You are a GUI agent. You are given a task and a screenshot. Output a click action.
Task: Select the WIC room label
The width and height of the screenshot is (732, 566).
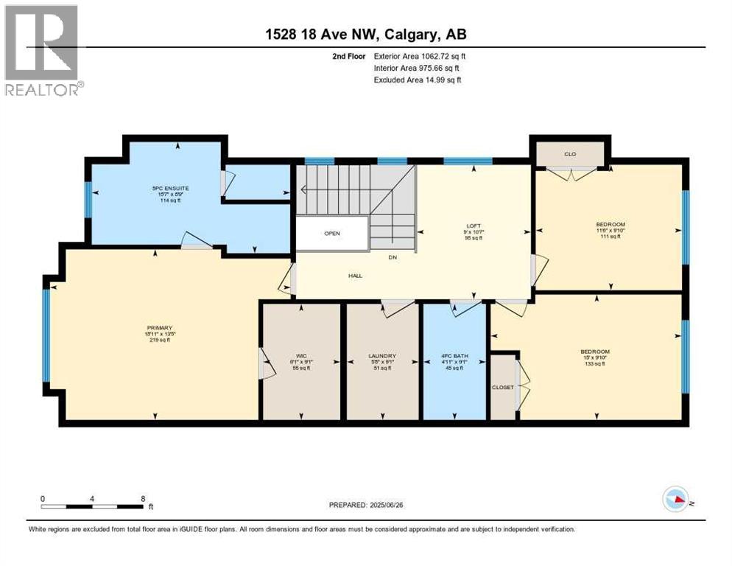pos(301,356)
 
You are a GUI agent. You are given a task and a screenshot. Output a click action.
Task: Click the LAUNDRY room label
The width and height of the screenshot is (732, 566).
pos(382,356)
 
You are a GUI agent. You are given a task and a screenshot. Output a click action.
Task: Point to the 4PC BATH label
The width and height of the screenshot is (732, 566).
pos(452,356)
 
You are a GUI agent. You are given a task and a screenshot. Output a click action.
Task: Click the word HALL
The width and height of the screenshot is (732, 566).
pos(356,276)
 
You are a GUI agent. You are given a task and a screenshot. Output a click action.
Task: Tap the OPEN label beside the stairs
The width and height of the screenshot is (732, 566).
pos(331,234)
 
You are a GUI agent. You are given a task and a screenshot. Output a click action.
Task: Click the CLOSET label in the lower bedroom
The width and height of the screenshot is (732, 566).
pos(503,387)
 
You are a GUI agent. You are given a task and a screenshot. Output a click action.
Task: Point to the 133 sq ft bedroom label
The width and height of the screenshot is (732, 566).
pos(595,352)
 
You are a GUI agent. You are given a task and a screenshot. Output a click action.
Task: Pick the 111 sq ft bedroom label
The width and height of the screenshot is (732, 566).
pos(610,224)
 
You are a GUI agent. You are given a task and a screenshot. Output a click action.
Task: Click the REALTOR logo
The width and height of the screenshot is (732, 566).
pos(43,51)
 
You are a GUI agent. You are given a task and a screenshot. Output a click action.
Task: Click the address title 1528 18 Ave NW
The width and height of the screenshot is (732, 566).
pos(365,34)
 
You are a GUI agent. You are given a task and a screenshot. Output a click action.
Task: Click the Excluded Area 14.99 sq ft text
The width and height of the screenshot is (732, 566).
pos(418,80)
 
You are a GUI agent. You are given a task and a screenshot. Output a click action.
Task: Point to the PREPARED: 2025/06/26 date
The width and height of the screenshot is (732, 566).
pos(366,505)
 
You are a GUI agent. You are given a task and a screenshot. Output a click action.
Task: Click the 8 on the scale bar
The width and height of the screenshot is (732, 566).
pos(142,498)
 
